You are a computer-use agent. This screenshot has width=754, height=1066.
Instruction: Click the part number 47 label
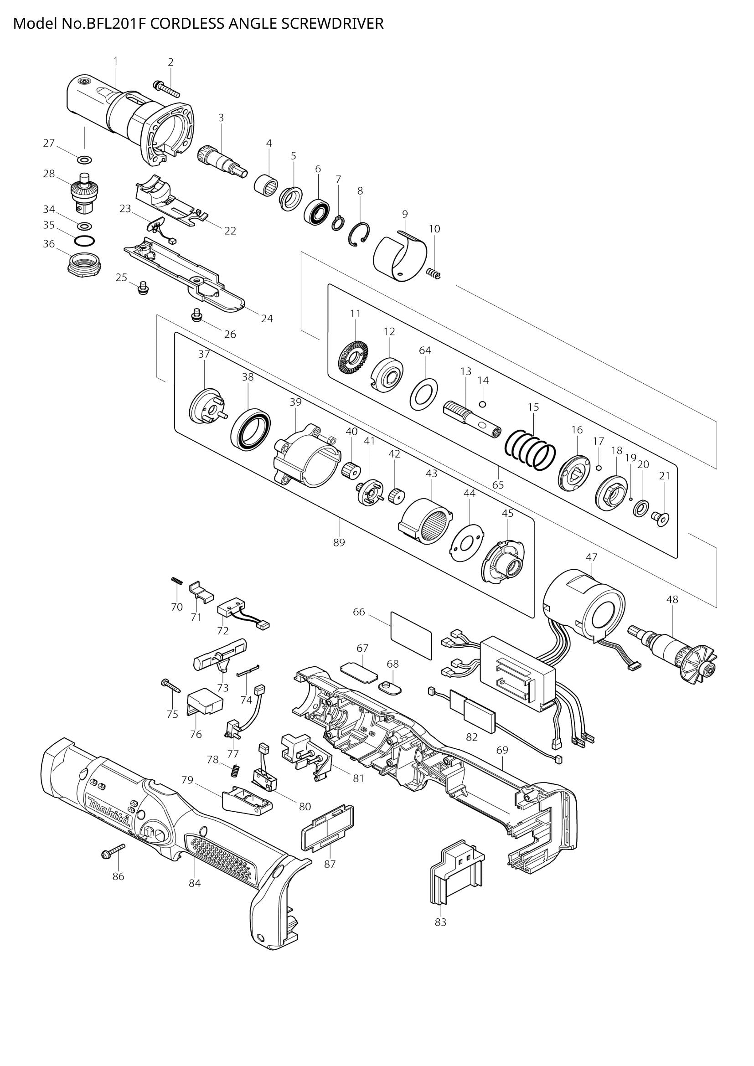(x=592, y=556)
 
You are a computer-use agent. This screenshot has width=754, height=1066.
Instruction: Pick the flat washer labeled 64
(x=424, y=391)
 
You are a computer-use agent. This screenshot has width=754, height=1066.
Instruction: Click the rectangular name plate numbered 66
(x=411, y=635)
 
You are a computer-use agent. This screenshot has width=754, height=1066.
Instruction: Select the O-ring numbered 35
(x=84, y=242)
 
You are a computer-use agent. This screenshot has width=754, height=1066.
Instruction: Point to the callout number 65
(x=498, y=485)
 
